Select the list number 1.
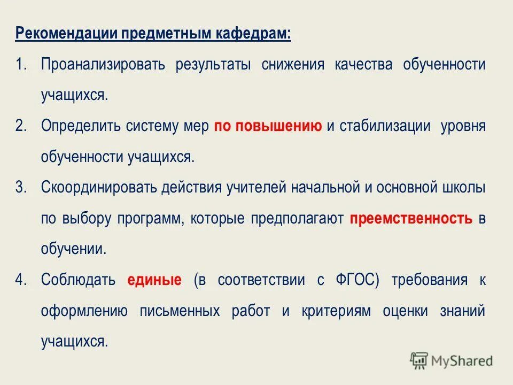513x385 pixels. pyautogui.click(x=21, y=65)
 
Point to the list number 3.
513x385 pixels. pyautogui.click(x=21, y=188)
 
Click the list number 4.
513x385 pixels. pyautogui.click(x=21, y=280)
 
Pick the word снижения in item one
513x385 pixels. pyautogui.click(x=293, y=65)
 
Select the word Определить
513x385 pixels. pyautogui.click(x=81, y=127)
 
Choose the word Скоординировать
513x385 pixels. pyautogui.click(x=98, y=188)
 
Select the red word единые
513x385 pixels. pyautogui.click(x=154, y=280)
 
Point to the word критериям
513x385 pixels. pyautogui.click(x=340, y=311)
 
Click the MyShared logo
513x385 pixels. pyautogui.click(x=452, y=361)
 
